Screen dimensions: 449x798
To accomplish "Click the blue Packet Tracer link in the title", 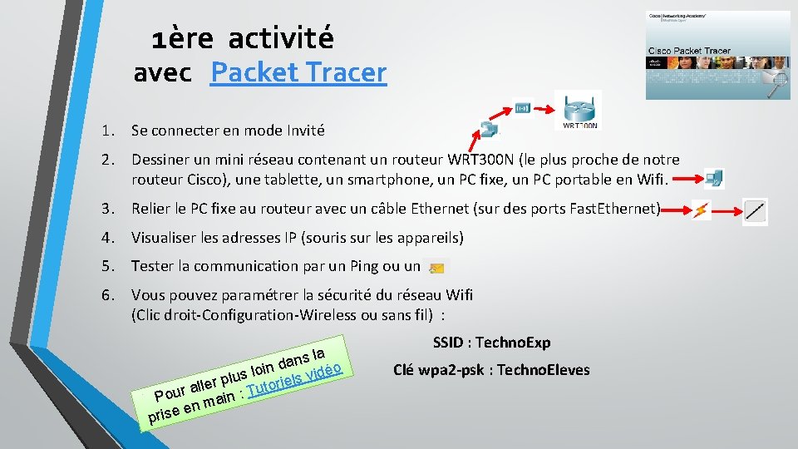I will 298,72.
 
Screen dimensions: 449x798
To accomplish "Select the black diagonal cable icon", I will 755,210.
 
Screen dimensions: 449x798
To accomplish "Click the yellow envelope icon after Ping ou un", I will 436,268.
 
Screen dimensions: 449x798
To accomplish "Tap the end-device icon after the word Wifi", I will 714,178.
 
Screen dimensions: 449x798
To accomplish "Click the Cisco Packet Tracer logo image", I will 718,55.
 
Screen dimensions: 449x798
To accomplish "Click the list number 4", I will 107,238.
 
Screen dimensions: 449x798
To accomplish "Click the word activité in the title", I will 280,37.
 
